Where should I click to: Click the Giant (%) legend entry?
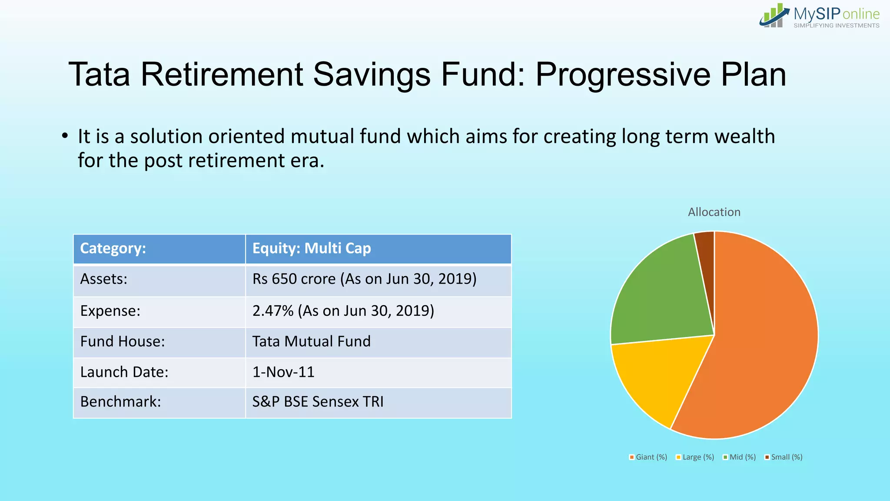[x=648, y=457]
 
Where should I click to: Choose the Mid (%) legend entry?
[x=739, y=457]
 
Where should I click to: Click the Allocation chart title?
[x=714, y=212]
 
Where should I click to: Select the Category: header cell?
[x=113, y=248]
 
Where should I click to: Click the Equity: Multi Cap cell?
[x=312, y=248]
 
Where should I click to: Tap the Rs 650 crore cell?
[x=364, y=279]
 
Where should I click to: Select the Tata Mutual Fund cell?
[x=311, y=341]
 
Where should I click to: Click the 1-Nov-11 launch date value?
[x=283, y=372]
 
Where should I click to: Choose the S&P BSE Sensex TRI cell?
[x=318, y=402]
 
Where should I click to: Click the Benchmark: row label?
[x=120, y=402]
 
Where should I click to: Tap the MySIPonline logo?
[x=820, y=17]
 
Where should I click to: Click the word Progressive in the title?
[x=623, y=75]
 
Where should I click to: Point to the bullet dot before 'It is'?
[x=65, y=136]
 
